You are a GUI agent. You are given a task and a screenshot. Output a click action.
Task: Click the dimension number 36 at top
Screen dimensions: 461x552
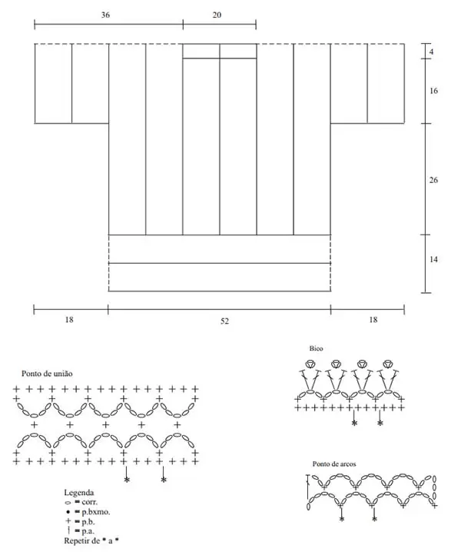(105, 15)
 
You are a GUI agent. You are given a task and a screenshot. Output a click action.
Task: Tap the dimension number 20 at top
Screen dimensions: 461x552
(217, 15)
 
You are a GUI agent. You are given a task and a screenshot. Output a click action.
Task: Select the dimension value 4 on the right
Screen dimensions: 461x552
(432, 52)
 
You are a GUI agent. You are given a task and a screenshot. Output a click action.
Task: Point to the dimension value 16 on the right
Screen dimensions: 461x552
(433, 91)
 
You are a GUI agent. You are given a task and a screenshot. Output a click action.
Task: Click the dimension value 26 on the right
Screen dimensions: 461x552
(433, 180)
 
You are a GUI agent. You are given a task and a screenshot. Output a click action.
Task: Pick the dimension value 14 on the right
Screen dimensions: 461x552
(433, 259)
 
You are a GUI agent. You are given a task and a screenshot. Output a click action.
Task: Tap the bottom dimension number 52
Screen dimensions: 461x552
(224, 321)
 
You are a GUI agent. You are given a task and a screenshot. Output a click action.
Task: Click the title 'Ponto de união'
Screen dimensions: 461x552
(47, 374)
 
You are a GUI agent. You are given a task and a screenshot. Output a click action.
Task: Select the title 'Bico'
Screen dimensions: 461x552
(316, 348)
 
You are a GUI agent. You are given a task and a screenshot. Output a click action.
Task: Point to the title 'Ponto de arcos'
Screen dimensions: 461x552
(334, 464)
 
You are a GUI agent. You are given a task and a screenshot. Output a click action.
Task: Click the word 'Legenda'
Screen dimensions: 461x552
(79, 493)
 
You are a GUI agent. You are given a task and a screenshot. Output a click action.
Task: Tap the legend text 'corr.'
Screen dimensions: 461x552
(89, 502)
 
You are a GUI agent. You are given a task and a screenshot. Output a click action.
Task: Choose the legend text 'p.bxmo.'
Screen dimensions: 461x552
(96, 512)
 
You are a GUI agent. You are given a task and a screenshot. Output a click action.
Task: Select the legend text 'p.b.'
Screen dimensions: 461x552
(88, 522)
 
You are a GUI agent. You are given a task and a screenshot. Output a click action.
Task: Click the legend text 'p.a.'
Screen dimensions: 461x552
(88, 531)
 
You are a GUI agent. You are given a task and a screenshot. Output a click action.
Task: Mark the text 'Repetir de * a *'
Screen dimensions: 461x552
(91, 540)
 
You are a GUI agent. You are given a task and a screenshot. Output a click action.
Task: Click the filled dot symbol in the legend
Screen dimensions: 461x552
(68, 512)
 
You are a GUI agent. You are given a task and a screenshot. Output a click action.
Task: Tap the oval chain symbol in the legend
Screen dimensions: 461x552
(68, 503)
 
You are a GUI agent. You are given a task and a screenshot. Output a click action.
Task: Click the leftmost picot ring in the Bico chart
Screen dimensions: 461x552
(310, 364)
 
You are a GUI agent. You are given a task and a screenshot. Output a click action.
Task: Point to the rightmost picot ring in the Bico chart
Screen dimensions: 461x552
(388, 364)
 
